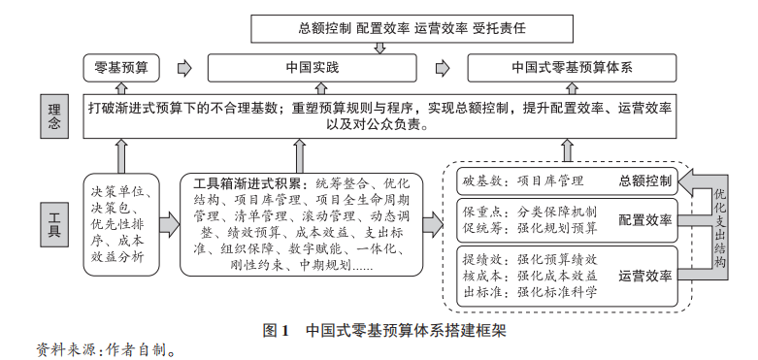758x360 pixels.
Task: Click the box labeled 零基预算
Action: [x=121, y=69]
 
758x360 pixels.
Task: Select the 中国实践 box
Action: [x=312, y=69]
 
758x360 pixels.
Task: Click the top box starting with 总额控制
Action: [x=379, y=29]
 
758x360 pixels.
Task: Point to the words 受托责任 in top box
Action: [x=505, y=29]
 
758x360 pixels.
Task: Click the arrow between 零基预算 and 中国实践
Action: [x=184, y=69]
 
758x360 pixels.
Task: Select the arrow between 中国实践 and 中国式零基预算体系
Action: [x=443, y=69]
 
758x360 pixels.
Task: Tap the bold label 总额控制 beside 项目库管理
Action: [x=644, y=181]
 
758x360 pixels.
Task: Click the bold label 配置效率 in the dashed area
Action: [x=644, y=220]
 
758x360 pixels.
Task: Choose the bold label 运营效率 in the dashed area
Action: [x=644, y=275]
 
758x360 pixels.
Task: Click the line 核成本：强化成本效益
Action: [x=529, y=275]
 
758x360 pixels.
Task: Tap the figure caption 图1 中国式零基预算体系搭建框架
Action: [x=385, y=330]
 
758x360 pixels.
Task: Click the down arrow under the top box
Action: [x=379, y=48]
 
